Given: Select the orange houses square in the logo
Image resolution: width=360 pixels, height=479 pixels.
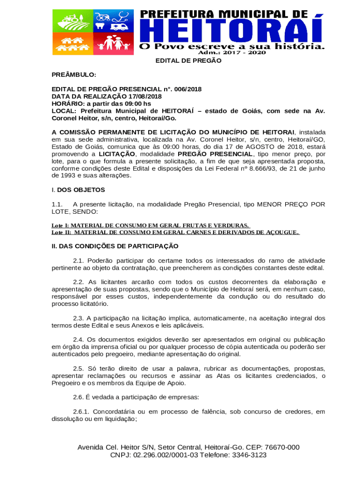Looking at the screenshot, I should [72, 42].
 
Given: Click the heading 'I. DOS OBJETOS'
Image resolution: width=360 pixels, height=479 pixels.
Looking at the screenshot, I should [78, 190].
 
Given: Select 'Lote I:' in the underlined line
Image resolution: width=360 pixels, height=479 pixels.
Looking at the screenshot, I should [60, 225].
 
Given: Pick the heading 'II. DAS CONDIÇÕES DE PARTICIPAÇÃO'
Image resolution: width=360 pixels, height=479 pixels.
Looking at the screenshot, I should [115, 246].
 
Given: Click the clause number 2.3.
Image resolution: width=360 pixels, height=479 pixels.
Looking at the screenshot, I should [78, 318].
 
